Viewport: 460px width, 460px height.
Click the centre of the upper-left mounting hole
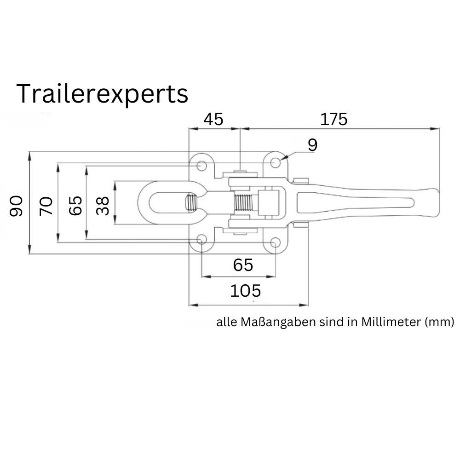tap(201, 166)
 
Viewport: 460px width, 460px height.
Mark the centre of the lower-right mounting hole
tap(275, 242)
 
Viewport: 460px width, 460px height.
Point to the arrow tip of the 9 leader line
tap(281, 160)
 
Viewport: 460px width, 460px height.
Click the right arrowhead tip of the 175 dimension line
tap(439, 128)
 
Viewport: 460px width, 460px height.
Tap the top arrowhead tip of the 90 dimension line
tap(29, 152)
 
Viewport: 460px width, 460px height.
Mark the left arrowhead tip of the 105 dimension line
tap(189, 305)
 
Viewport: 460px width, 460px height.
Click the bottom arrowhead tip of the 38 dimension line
tap(115, 224)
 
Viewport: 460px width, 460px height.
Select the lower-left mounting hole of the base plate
tap(201, 239)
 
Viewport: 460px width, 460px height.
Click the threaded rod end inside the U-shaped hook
tap(191, 202)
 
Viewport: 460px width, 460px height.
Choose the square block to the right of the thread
tap(268, 202)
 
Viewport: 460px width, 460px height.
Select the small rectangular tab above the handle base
tap(301, 180)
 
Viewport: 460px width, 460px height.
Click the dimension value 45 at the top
tap(213, 120)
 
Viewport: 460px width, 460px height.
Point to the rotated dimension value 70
tap(46, 206)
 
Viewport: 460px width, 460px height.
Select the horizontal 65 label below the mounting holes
tap(243, 265)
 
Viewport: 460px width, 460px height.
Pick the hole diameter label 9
tap(313, 145)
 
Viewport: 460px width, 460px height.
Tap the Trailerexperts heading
tap(103, 94)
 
